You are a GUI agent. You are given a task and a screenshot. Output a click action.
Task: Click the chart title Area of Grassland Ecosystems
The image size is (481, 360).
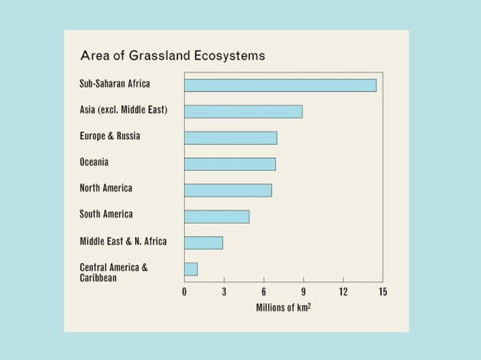pyautogui.click(x=172, y=56)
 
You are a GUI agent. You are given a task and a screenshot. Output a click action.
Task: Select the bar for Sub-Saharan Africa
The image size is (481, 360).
pyautogui.click(x=280, y=85)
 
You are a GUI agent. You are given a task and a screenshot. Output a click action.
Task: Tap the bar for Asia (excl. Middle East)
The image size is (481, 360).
pyautogui.click(x=243, y=111)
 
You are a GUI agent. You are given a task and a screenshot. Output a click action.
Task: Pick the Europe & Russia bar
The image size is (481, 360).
pyautogui.click(x=230, y=138)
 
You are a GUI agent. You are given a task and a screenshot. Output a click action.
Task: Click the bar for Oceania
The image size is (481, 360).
pyautogui.click(x=229, y=163)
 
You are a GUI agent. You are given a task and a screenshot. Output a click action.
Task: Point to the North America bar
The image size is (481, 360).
pyautogui.click(x=228, y=190)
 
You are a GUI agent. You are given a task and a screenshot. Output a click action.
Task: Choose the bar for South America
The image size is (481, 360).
pyautogui.click(x=216, y=216)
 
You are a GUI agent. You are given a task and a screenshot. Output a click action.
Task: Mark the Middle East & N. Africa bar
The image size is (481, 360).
pyautogui.click(x=203, y=243)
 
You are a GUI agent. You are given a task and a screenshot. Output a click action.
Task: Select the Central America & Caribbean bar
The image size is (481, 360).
pyautogui.click(x=191, y=269)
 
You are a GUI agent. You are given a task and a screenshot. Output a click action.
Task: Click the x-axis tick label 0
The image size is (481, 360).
pyautogui.click(x=185, y=292)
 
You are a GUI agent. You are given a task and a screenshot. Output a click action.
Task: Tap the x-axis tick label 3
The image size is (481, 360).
pyautogui.click(x=224, y=292)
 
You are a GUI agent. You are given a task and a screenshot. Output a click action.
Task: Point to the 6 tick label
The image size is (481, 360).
pyautogui.click(x=264, y=292)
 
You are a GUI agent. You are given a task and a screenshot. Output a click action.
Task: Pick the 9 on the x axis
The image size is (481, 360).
pyautogui.click(x=303, y=292)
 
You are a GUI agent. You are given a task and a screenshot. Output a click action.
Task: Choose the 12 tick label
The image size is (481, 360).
pyautogui.click(x=343, y=292)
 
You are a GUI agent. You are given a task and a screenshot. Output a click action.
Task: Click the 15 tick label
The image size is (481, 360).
pyautogui.click(x=382, y=292)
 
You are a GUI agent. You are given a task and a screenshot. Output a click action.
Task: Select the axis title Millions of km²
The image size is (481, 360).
pyautogui.click(x=283, y=308)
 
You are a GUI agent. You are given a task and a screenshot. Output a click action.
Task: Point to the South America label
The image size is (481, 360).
pyautogui.click(x=106, y=215)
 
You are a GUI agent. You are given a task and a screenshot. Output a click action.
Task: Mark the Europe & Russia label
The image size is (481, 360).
pyautogui.click(x=110, y=136)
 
